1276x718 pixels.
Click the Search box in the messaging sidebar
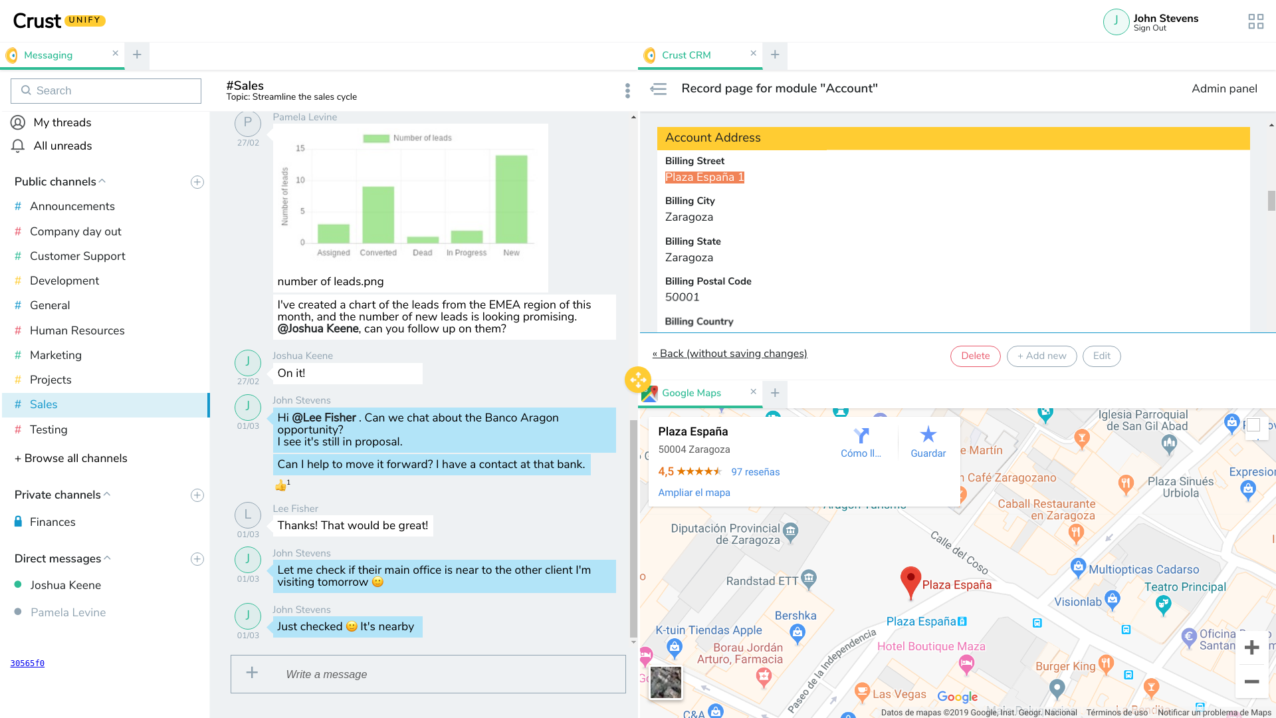click(x=106, y=90)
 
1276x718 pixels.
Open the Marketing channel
click(x=56, y=355)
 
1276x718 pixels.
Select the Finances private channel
click(x=53, y=522)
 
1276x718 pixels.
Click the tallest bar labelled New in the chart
click(x=511, y=199)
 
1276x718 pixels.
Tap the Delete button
click(x=975, y=356)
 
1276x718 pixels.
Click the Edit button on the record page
click(x=1101, y=356)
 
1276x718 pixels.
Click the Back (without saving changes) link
click(x=730, y=354)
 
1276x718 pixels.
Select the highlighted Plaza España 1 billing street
click(x=704, y=178)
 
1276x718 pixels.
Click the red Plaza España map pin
click(x=910, y=580)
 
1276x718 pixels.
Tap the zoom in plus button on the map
click(x=1252, y=648)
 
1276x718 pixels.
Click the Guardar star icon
click(x=928, y=435)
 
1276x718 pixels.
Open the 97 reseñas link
click(x=756, y=472)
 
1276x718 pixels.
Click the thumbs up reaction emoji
click(x=281, y=485)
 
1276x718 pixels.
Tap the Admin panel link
click(x=1224, y=88)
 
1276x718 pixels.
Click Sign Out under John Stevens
click(x=1150, y=28)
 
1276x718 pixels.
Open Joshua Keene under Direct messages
click(x=66, y=585)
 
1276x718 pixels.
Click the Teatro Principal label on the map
click(x=1185, y=587)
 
